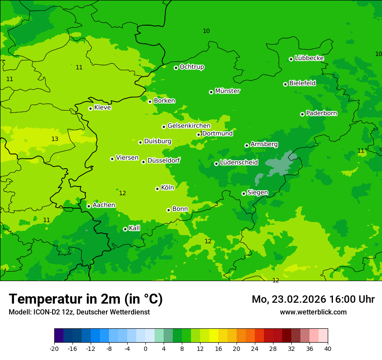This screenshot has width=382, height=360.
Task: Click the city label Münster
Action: pos(227,91)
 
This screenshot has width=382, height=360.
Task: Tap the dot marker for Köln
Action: pos(157,189)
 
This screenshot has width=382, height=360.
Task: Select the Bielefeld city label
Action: pos(302,83)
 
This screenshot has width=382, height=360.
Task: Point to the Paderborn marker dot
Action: pos(302,114)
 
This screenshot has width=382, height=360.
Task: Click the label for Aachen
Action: pos(104,205)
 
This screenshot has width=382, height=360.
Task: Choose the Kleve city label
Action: pos(102,108)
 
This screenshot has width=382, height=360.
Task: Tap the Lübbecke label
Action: pos(309,58)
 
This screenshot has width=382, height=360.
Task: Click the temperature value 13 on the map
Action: pos(55,139)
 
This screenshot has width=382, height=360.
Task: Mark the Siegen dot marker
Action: pos(244,193)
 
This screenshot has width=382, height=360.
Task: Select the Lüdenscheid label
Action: pos(239,163)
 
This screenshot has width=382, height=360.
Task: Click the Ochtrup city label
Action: pos(191,67)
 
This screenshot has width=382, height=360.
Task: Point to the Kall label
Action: pos(134,228)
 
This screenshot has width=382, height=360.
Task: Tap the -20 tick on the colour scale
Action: pos(54,349)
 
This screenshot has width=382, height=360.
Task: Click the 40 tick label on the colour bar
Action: pos(328,349)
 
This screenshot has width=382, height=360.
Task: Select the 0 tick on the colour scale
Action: pos(145,349)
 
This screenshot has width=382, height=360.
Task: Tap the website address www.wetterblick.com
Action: pos(313,312)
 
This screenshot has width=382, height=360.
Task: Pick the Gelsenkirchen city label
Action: pos(188,126)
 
